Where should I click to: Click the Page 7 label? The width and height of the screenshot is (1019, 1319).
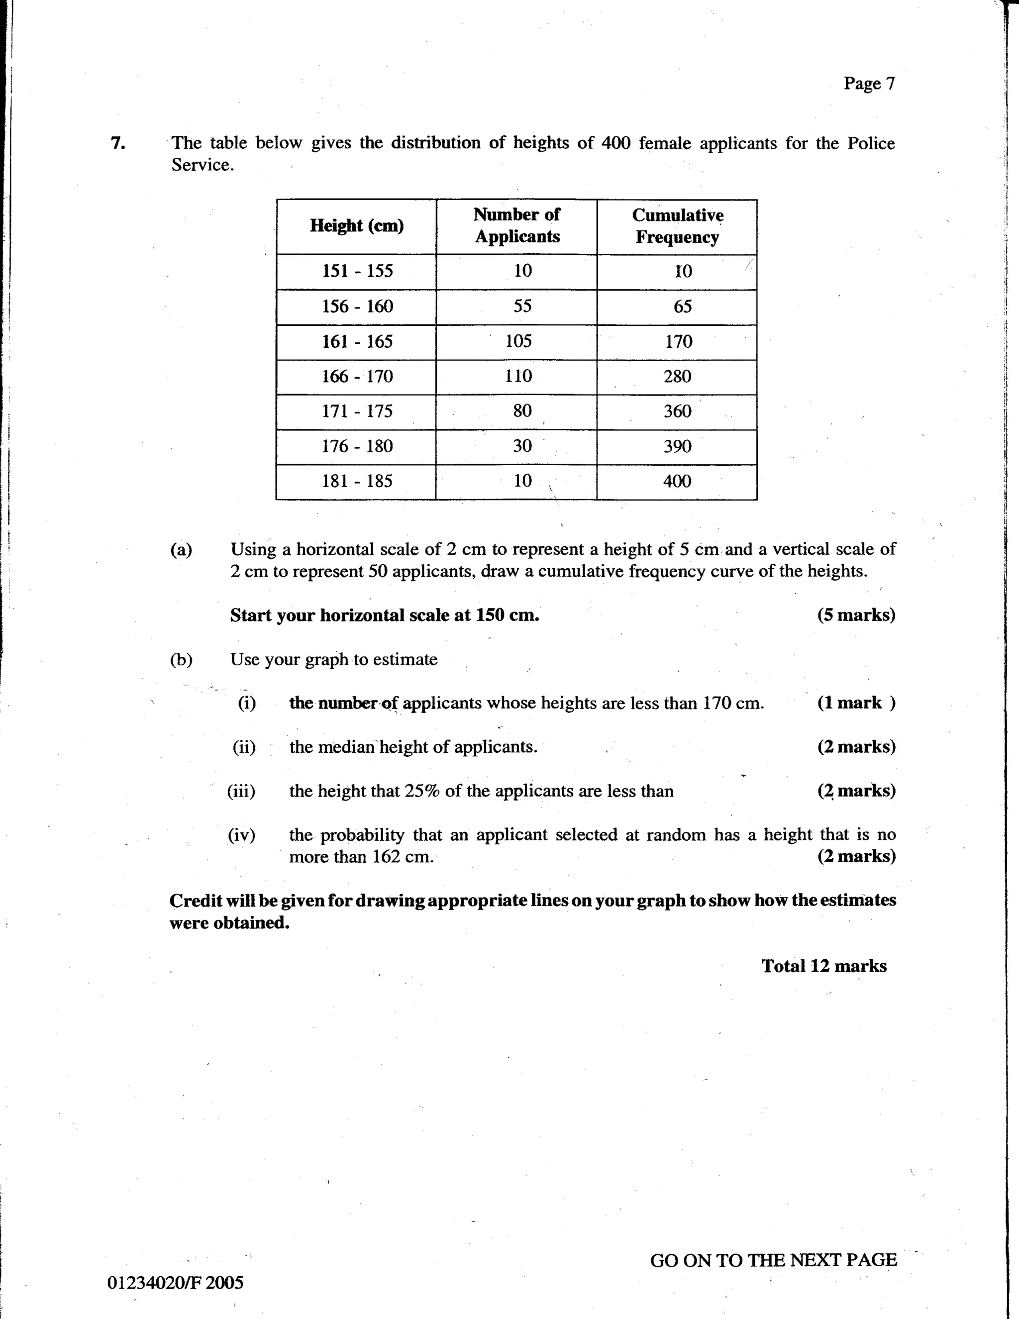click(x=869, y=84)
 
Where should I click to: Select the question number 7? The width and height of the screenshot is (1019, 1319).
click(x=118, y=143)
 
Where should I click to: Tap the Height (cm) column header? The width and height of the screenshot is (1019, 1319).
click(x=356, y=226)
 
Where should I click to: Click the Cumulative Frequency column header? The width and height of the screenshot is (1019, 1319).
click(x=677, y=226)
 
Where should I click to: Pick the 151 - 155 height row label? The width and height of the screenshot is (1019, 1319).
click(x=357, y=271)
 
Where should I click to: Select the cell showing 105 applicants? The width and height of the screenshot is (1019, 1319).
click(x=518, y=341)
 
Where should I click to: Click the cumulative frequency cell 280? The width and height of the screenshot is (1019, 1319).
click(x=677, y=376)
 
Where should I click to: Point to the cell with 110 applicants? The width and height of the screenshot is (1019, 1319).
click(x=518, y=376)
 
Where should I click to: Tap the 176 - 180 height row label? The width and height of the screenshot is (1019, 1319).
click(x=357, y=446)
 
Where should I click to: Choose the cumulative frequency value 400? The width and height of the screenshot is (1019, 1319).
click(x=677, y=481)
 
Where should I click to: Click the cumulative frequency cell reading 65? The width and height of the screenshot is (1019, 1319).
click(x=682, y=306)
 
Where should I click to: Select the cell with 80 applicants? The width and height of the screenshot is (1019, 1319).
click(x=522, y=411)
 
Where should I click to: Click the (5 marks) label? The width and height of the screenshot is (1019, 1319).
click(x=856, y=615)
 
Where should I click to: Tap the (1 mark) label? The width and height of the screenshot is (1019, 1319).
click(x=856, y=703)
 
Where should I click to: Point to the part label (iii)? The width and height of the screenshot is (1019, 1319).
click(x=241, y=791)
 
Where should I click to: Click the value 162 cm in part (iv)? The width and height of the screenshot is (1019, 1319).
click(x=402, y=857)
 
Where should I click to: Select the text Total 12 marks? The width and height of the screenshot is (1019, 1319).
click(x=823, y=966)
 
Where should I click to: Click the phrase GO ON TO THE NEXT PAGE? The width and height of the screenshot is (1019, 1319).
click(x=773, y=1260)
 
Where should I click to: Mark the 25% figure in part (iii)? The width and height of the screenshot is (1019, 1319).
click(x=422, y=791)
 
